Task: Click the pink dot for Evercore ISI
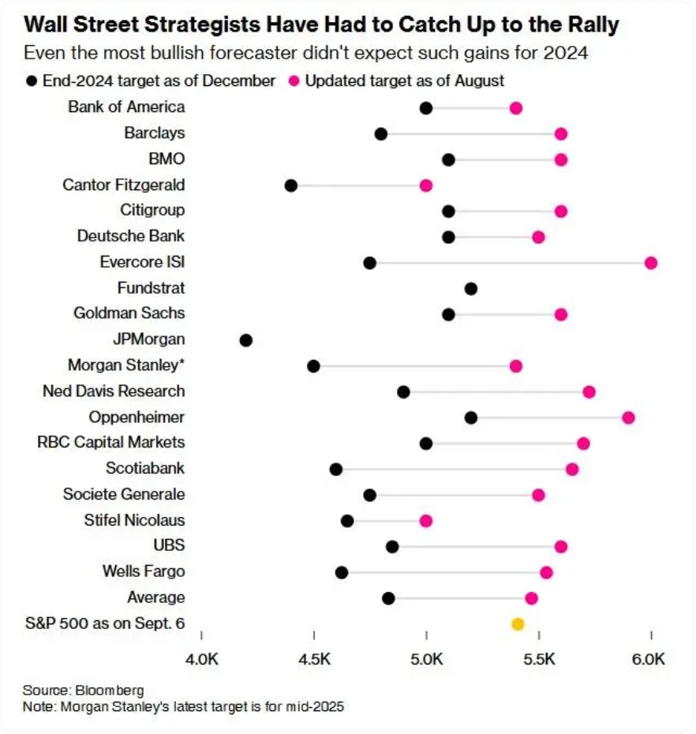click(651, 263)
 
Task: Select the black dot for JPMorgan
click(246, 340)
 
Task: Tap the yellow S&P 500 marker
click(518, 624)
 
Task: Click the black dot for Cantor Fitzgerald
click(291, 185)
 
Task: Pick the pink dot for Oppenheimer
click(628, 418)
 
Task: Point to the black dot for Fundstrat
click(471, 289)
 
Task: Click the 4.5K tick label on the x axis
click(314, 658)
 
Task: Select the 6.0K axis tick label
click(650, 658)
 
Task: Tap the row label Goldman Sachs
click(129, 313)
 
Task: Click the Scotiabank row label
click(145, 468)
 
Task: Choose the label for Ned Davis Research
click(114, 391)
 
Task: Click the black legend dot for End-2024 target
click(32, 81)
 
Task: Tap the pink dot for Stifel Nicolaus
click(426, 521)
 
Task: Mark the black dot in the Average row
click(388, 598)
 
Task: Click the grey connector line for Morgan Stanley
click(414, 366)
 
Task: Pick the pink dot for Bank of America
click(516, 108)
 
